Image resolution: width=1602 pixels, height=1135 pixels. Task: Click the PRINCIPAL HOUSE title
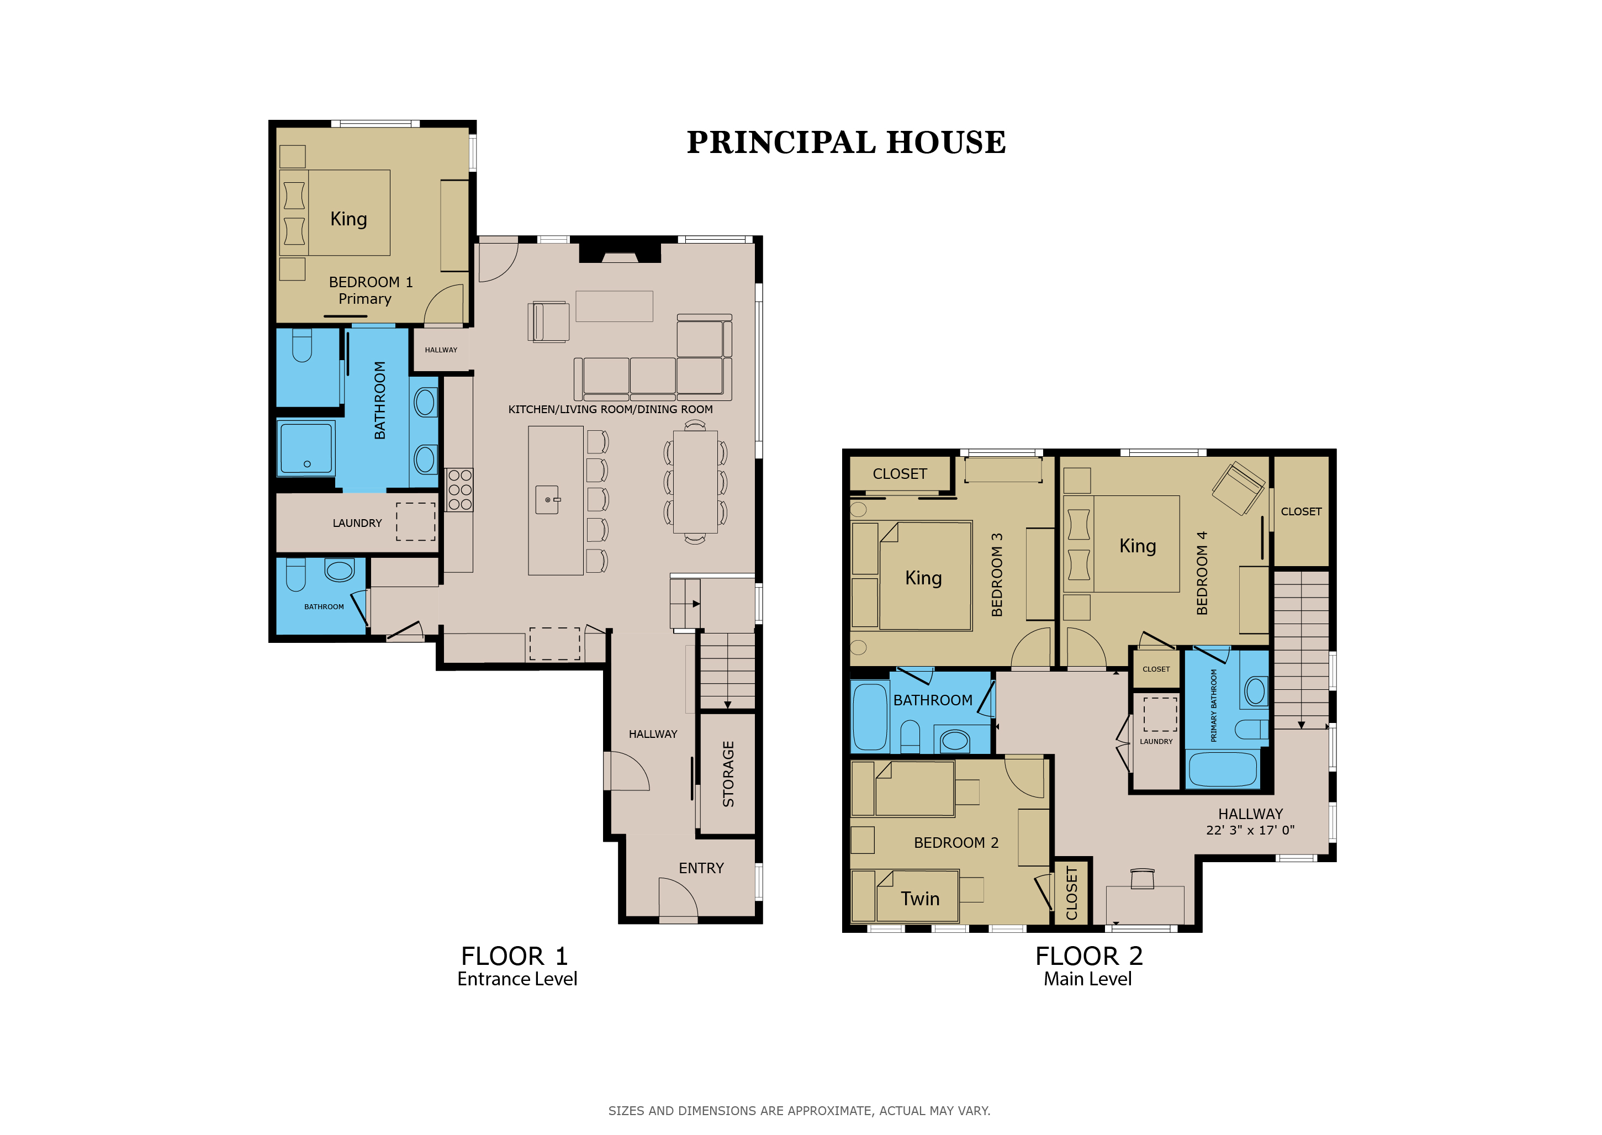(x=846, y=142)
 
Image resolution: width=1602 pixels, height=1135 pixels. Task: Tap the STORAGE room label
(x=728, y=774)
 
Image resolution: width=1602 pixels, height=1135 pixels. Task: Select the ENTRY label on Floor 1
(x=701, y=868)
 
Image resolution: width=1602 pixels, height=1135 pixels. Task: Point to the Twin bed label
(x=920, y=899)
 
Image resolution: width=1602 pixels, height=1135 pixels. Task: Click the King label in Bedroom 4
(x=1138, y=546)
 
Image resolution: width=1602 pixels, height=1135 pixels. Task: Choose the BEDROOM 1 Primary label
(x=371, y=290)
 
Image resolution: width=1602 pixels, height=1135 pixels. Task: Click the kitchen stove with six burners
(x=459, y=489)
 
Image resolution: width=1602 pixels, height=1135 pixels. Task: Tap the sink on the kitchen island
(x=547, y=500)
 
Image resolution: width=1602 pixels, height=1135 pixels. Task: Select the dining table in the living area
(x=695, y=482)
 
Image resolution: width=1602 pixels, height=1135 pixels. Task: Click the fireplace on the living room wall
(x=620, y=252)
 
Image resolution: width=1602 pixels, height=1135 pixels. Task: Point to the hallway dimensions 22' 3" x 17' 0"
(x=1250, y=830)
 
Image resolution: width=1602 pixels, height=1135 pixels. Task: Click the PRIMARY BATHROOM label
(x=1214, y=705)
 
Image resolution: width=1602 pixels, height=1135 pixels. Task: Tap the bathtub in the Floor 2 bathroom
(x=870, y=716)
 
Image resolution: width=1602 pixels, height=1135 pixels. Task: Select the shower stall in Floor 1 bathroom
(x=306, y=448)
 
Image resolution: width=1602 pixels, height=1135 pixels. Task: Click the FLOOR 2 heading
(x=1088, y=956)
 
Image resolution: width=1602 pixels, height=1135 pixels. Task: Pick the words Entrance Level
(x=517, y=979)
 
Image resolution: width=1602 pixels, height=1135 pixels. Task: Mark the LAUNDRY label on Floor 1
(x=357, y=524)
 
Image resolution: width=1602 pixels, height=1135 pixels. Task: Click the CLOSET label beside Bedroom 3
(x=900, y=474)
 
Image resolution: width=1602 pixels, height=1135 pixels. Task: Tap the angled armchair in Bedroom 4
(x=1238, y=488)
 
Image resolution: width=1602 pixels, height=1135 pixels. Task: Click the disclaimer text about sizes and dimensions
(x=799, y=1111)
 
